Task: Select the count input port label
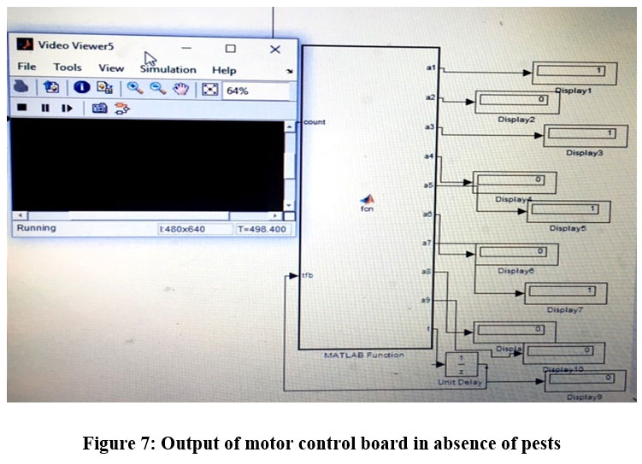315,122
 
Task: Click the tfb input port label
309,275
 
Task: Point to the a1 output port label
431,66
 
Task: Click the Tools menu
68,68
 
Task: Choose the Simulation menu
168,69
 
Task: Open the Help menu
224,69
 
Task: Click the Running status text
37,228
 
